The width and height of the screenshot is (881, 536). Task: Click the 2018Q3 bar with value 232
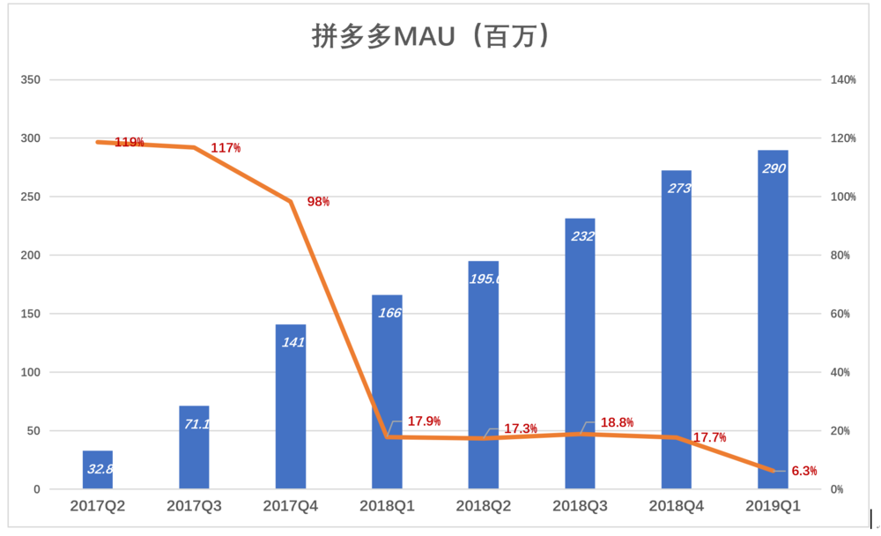point(580,354)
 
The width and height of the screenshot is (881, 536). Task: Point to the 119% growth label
point(130,142)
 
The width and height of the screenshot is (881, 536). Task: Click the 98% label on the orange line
point(318,202)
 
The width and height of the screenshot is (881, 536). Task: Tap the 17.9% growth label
point(424,421)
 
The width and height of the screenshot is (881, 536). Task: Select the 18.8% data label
point(617,422)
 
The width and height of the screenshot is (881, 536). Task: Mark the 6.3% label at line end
point(804,471)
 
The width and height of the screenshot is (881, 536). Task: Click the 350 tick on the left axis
point(31,80)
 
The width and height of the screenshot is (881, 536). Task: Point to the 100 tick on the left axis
point(31,372)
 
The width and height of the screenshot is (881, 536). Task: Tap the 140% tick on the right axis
point(843,80)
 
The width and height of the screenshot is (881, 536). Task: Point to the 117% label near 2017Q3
point(226,148)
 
